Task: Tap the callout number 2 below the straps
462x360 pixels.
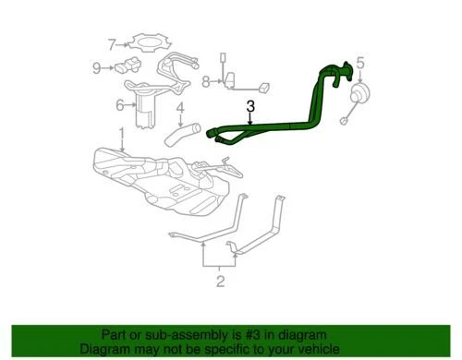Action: tap(220, 280)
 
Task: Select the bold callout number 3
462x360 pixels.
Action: tap(249, 108)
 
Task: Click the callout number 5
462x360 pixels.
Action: tap(361, 64)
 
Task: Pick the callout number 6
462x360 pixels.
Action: tap(120, 105)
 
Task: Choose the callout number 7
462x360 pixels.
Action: tap(112, 43)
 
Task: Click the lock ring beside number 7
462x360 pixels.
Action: tap(146, 42)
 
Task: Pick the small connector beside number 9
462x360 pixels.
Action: tap(124, 67)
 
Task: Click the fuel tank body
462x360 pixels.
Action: tap(166, 175)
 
